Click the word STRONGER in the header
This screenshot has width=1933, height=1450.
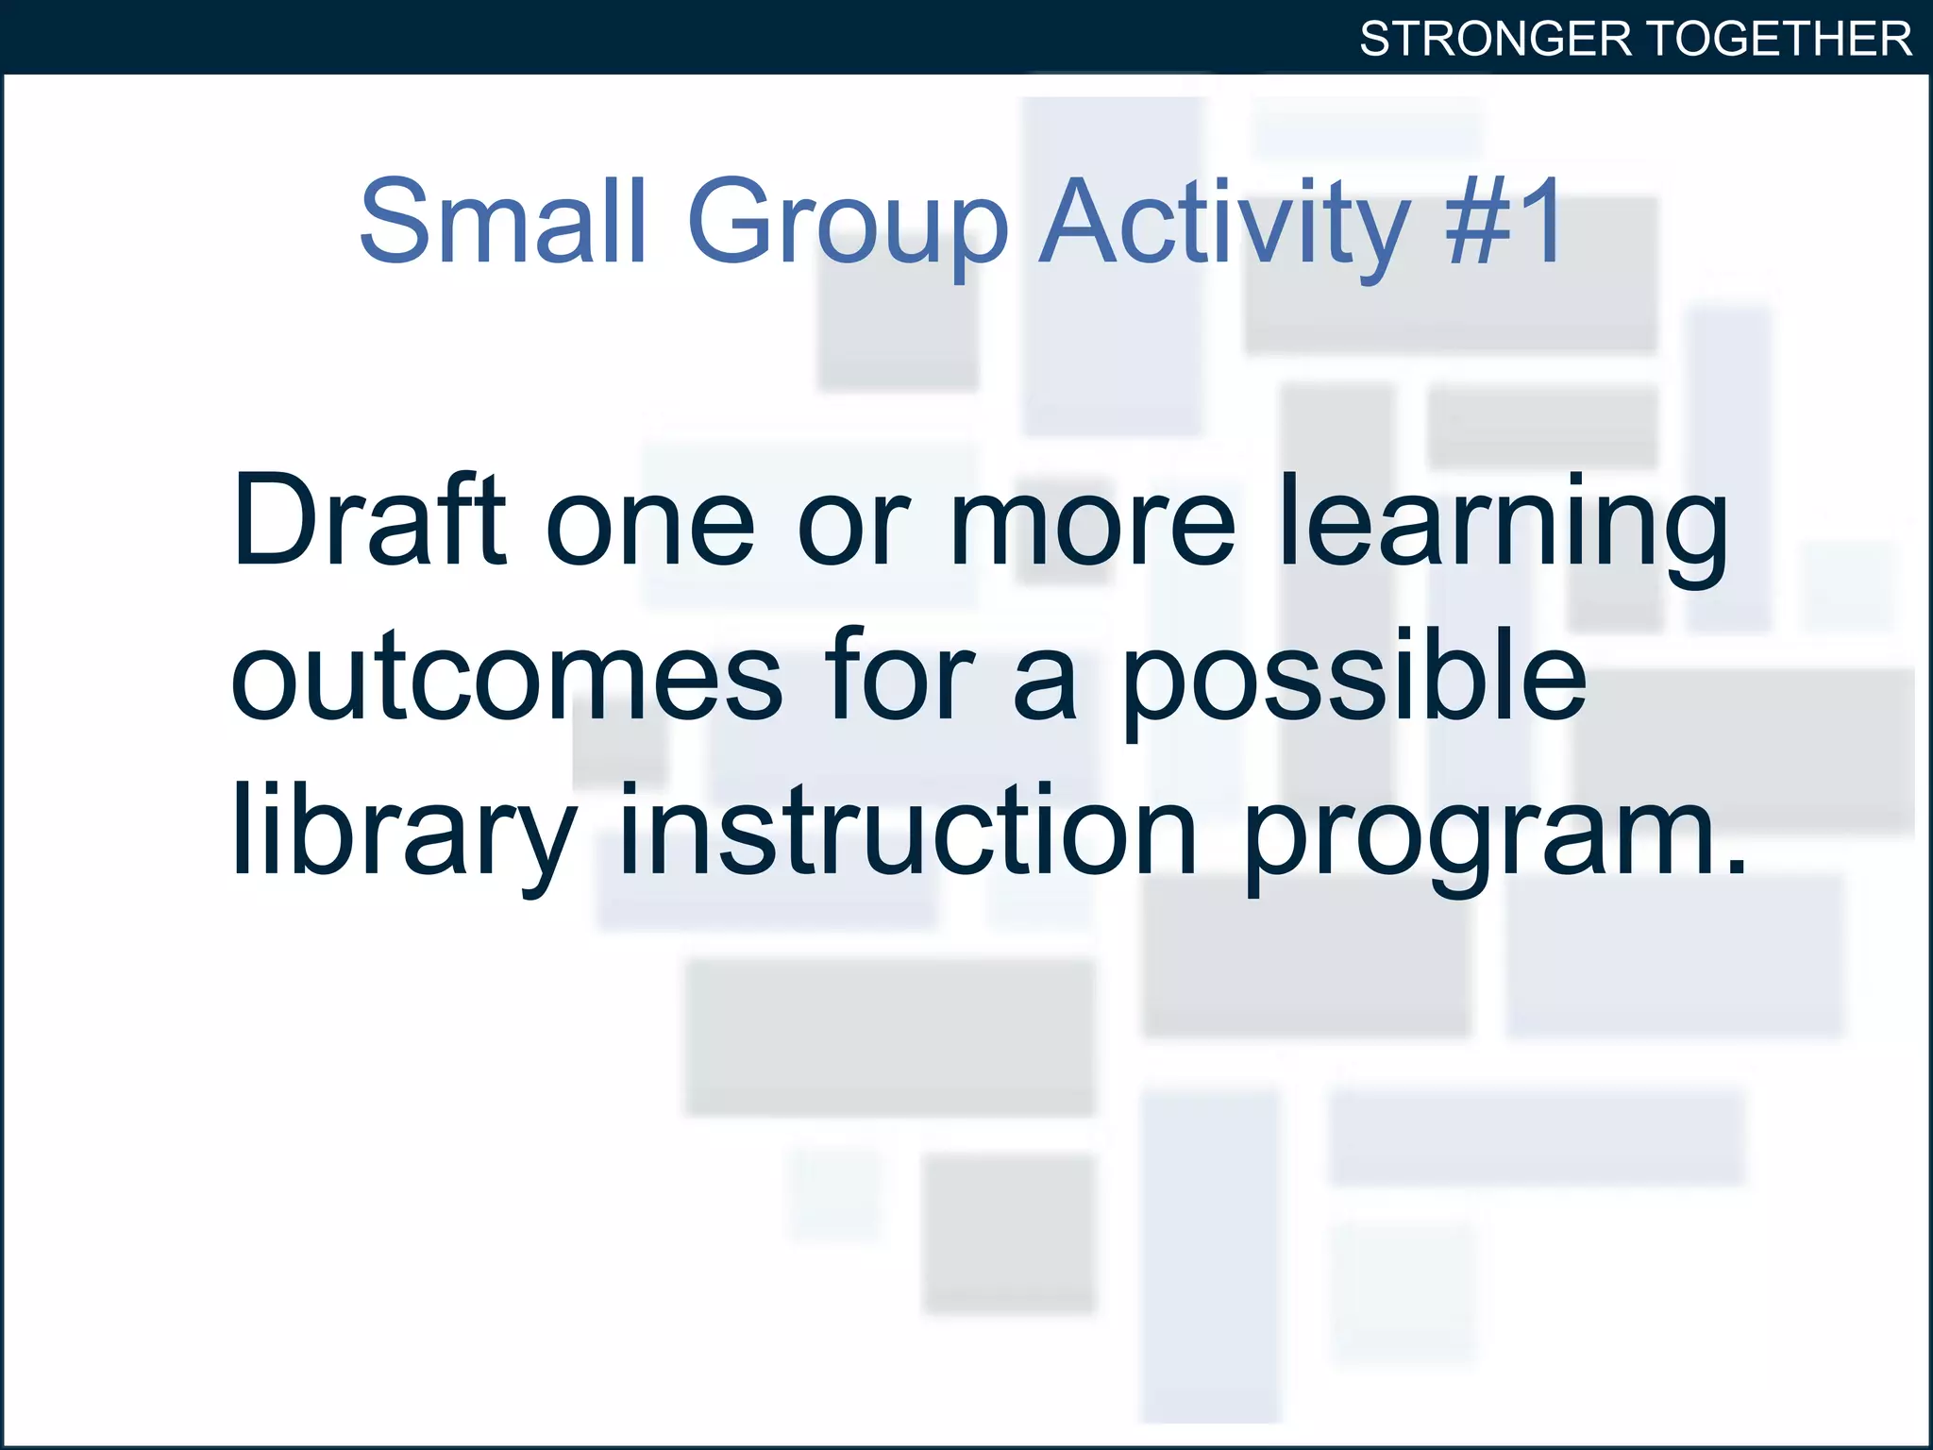pos(1495,40)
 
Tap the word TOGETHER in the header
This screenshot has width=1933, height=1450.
pos(1780,40)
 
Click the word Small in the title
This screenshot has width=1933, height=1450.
pos(502,221)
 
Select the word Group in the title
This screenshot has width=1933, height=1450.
pos(848,227)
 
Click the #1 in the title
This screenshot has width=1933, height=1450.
pos(1504,221)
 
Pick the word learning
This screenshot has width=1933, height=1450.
pos(1504,529)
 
